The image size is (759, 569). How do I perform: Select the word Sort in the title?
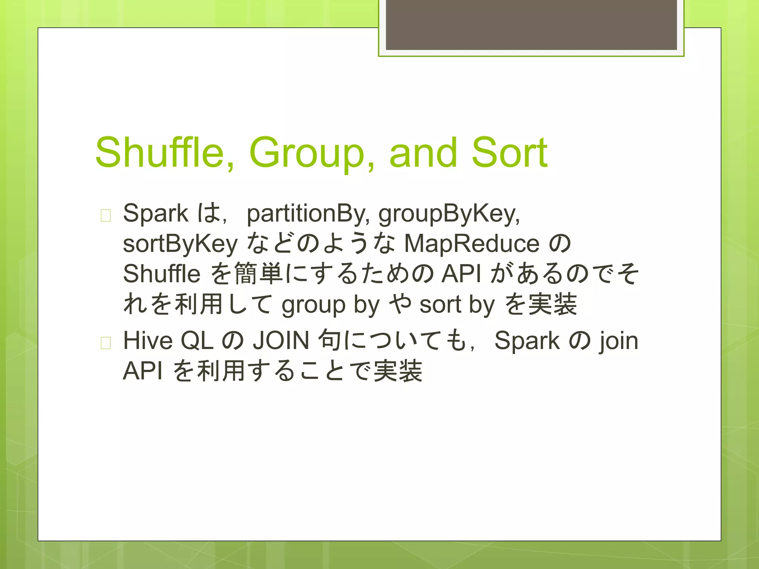[x=509, y=153]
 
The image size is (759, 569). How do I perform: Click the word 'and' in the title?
[x=423, y=153]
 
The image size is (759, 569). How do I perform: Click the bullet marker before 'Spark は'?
[x=106, y=215]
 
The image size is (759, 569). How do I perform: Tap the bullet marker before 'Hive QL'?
[x=106, y=343]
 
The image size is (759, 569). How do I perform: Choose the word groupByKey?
[x=449, y=214]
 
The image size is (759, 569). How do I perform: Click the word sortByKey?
[x=180, y=244]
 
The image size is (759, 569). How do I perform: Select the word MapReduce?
[x=471, y=244]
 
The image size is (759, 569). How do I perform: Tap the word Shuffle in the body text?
[x=162, y=274]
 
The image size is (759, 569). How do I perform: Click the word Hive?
[x=148, y=340]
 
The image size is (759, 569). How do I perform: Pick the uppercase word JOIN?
[x=281, y=340]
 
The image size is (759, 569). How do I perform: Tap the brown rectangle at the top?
[x=531, y=25]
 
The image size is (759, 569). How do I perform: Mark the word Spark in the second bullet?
[x=527, y=340]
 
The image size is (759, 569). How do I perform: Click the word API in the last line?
[x=143, y=371]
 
